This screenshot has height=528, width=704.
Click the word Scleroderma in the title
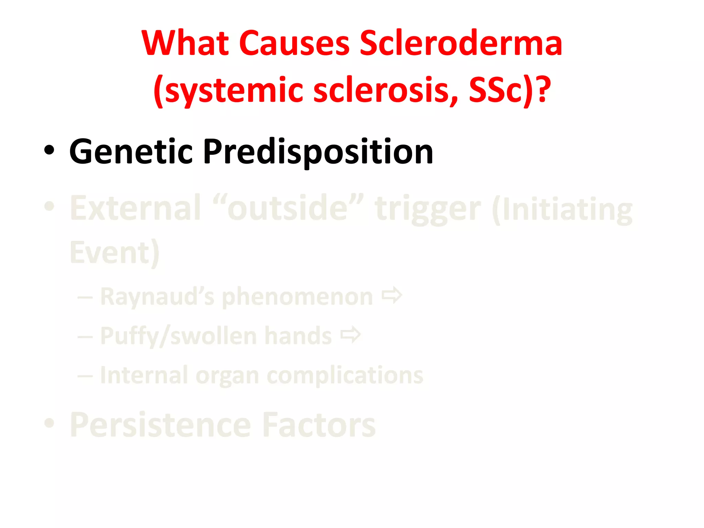[461, 43]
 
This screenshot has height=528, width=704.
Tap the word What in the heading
[185, 43]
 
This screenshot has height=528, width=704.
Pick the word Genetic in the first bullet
[131, 152]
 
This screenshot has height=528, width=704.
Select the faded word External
[135, 208]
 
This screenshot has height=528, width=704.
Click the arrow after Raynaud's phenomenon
[392, 296]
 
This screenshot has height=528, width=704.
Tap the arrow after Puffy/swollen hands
[351, 335]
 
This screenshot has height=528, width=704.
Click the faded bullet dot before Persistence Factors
[49, 423]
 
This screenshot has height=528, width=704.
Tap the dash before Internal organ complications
[85, 376]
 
